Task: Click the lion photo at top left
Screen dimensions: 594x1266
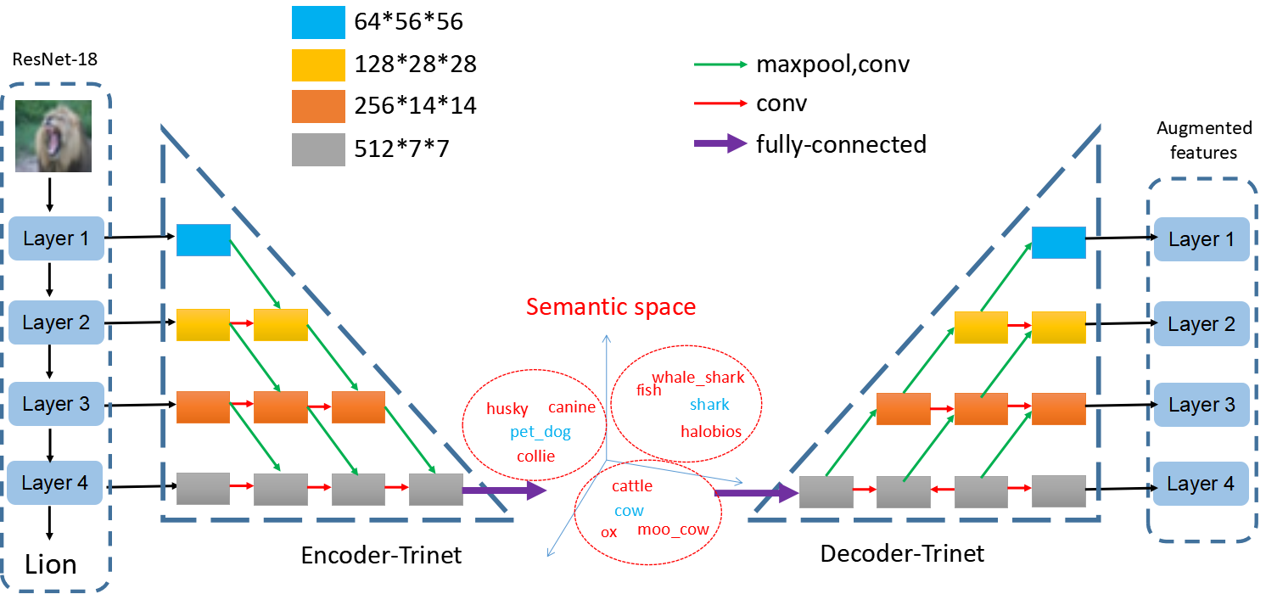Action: tap(53, 136)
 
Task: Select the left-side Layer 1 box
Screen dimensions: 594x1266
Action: tap(56, 238)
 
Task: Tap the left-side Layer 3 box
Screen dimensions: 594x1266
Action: tap(56, 404)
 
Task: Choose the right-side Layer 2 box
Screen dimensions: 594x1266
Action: tap(1202, 324)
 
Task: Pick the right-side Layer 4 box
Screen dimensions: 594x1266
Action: tap(1202, 484)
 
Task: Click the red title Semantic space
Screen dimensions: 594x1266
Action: tap(611, 307)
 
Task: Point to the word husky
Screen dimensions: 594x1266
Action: tap(507, 409)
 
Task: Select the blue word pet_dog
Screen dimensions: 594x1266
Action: tap(541, 433)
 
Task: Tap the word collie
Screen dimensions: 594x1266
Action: tap(535, 457)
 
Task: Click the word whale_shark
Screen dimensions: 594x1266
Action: tap(697, 378)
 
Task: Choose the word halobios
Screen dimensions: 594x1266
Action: tap(711, 432)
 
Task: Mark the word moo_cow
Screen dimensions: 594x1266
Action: tap(673, 530)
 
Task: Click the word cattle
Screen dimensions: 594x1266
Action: tap(632, 486)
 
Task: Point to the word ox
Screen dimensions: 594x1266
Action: tap(608, 533)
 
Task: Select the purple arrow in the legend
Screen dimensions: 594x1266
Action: tap(720, 143)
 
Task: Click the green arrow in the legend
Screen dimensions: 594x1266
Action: tap(720, 64)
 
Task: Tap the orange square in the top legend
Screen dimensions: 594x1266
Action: tap(318, 107)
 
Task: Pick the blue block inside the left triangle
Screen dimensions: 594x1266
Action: tap(204, 240)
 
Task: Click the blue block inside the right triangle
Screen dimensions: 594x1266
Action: tap(1058, 243)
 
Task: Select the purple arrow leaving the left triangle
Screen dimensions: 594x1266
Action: tap(504, 490)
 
